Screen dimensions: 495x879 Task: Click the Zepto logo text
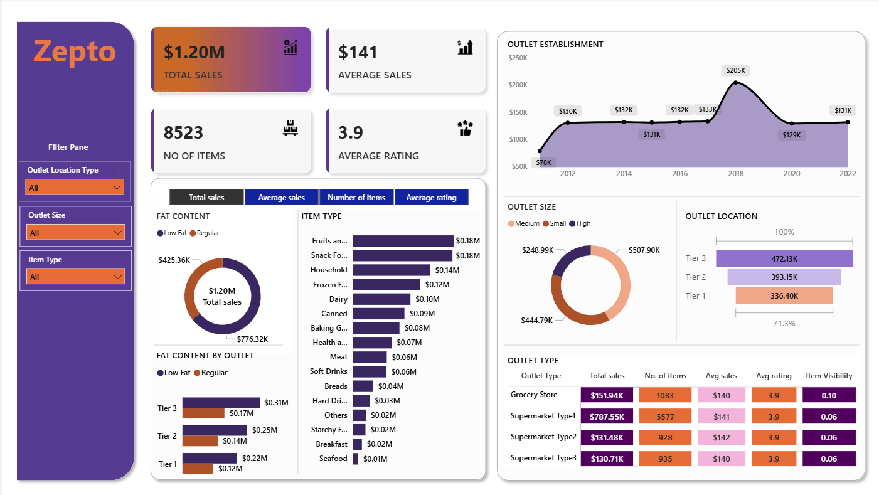click(75, 51)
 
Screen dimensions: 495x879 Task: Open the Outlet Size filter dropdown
click(75, 233)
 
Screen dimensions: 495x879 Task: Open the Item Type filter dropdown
click(75, 277)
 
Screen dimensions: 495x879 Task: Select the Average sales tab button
click(281, 198)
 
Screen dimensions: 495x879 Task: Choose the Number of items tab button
click(356, 198)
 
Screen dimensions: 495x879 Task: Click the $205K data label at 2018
click(735, 70)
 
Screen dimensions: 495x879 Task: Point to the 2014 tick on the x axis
click(624, 174)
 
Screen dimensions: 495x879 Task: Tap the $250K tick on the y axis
click(518, 58)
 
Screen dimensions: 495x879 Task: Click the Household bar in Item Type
click(391, 270)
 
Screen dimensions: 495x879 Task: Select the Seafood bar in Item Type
click(356, 459)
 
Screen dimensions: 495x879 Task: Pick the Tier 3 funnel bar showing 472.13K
click(784, 258)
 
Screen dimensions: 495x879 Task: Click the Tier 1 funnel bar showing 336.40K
click(784, 296)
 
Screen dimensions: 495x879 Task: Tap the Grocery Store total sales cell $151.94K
click(607, 395)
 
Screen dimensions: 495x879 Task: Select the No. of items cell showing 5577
click(665, 417)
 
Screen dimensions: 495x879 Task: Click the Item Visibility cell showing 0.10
click(829, 395)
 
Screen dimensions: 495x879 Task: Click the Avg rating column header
click(773, 376)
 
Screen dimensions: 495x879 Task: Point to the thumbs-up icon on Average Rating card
click(464, 129)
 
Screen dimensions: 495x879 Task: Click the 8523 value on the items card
click(183, 133)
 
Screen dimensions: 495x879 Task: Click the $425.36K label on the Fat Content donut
click(174, 260)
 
